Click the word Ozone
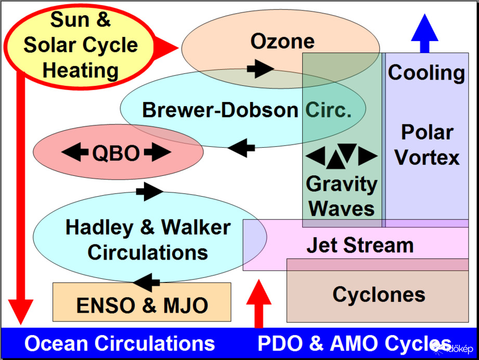[x=282, y=41]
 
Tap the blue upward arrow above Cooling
[x=425, y=32]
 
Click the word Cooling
[x=426, y=73]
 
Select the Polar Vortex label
[x=427, y=145]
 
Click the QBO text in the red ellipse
[x=116, y=153]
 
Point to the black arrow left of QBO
[x=75, y=153]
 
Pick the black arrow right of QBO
[x=158, y=153]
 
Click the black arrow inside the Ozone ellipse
[x=260, y=68]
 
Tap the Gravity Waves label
[x=342, y=196]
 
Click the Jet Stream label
[x=360, y=245]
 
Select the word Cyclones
[x=379, y=295]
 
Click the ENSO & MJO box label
[x=142, y=305]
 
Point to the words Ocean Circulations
[x=120, y=343]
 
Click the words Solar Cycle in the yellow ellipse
[x=81, y=45]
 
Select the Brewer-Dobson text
[x=220, y=110]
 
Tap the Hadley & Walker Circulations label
[x=148, y=240]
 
